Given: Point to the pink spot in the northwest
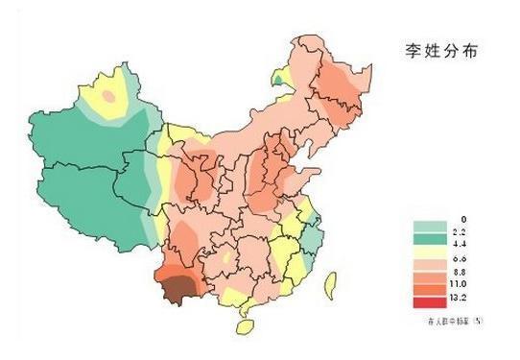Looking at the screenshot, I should pos(109,96).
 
